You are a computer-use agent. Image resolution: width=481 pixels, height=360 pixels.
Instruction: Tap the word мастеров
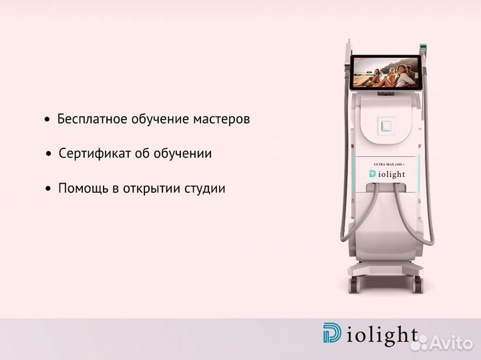point(221,120)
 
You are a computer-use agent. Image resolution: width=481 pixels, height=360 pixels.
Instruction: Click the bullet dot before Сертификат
point(49,154)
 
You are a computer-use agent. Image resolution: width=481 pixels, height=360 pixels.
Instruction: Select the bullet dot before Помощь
point(48,189)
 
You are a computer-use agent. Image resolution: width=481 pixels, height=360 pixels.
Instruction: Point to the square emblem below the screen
point(385,125)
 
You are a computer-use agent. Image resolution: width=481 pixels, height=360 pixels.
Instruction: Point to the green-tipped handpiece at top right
point(422,48)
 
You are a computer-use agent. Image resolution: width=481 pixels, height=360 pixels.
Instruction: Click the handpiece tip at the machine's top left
point(345,53)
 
